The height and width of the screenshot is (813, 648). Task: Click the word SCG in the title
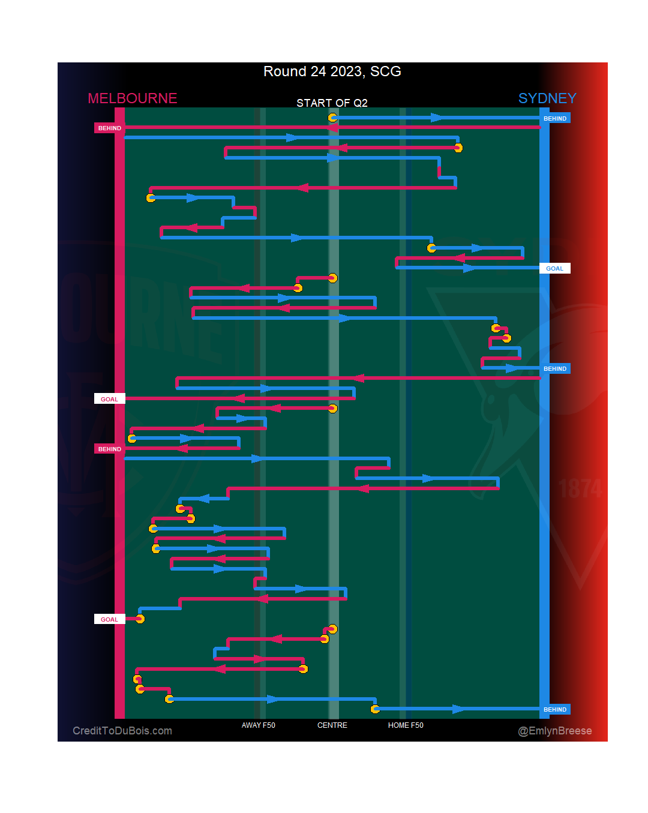pyautogui.click(x=386, y=71)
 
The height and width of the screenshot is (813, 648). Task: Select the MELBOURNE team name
pyautogui.click(x=133, y=98)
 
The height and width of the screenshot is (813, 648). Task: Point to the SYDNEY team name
pyautogui.click(x=547, y=98)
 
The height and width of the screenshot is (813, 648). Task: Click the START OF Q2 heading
pyautogui.click(x=332, y=103)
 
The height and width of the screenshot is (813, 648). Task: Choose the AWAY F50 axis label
pyautogui.click(x=258, y=725)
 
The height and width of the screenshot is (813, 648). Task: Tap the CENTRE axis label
pyautogui.click(x=332, y=725)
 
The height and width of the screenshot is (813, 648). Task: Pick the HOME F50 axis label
pyautogui.click(x=406, y=725)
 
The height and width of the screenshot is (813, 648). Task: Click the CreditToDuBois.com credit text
pyautogui.click(x=122, y=731)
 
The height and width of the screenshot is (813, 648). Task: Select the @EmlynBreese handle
pyautogui.click(x=555, y=731)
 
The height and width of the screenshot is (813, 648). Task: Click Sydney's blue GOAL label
pyautogui.click(x=554, y=269)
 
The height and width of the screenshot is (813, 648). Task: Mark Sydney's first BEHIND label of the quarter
pyautogui.click(x=554, y=119)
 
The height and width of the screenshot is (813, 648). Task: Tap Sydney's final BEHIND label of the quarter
pyautogui.click(x=554, y=710)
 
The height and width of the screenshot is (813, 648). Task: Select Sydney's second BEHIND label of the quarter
pyautogui.click(x=554, y=369)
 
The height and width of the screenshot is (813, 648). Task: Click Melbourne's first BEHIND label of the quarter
pyautogui.click(x=110, y=128)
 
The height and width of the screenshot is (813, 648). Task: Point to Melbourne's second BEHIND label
pyautogui.click(x=110, y=449)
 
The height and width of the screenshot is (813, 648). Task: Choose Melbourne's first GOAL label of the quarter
pyautogui.click(x=110, y=400)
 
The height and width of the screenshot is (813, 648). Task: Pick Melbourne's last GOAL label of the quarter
pyautogui.click(x=110, y=620)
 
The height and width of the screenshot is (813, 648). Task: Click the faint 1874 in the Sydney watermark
pyautogui.click(x=580, y=489)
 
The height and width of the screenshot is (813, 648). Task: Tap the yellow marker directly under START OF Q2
pyautogui.click(x=332, y=118)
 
